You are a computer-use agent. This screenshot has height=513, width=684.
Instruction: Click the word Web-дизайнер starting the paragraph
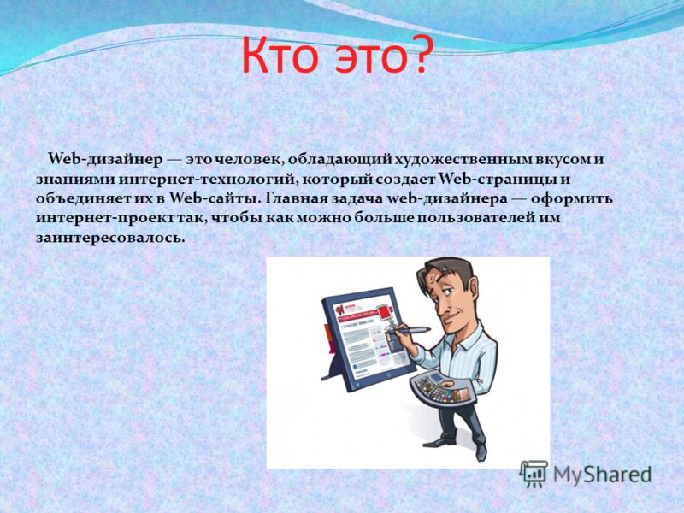[x=104, y=160]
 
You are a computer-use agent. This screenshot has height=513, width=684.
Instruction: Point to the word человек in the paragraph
[x=248, y=160]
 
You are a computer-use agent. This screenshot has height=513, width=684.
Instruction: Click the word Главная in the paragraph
[x=295, y=199]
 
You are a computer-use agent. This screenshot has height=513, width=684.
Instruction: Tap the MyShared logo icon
[x=533, y=474]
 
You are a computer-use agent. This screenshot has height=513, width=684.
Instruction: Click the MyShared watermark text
[x=603, y=475]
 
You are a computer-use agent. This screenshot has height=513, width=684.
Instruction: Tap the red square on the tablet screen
[x=383, y=313]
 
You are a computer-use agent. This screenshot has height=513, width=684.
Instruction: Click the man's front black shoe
[x=439, y=441]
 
